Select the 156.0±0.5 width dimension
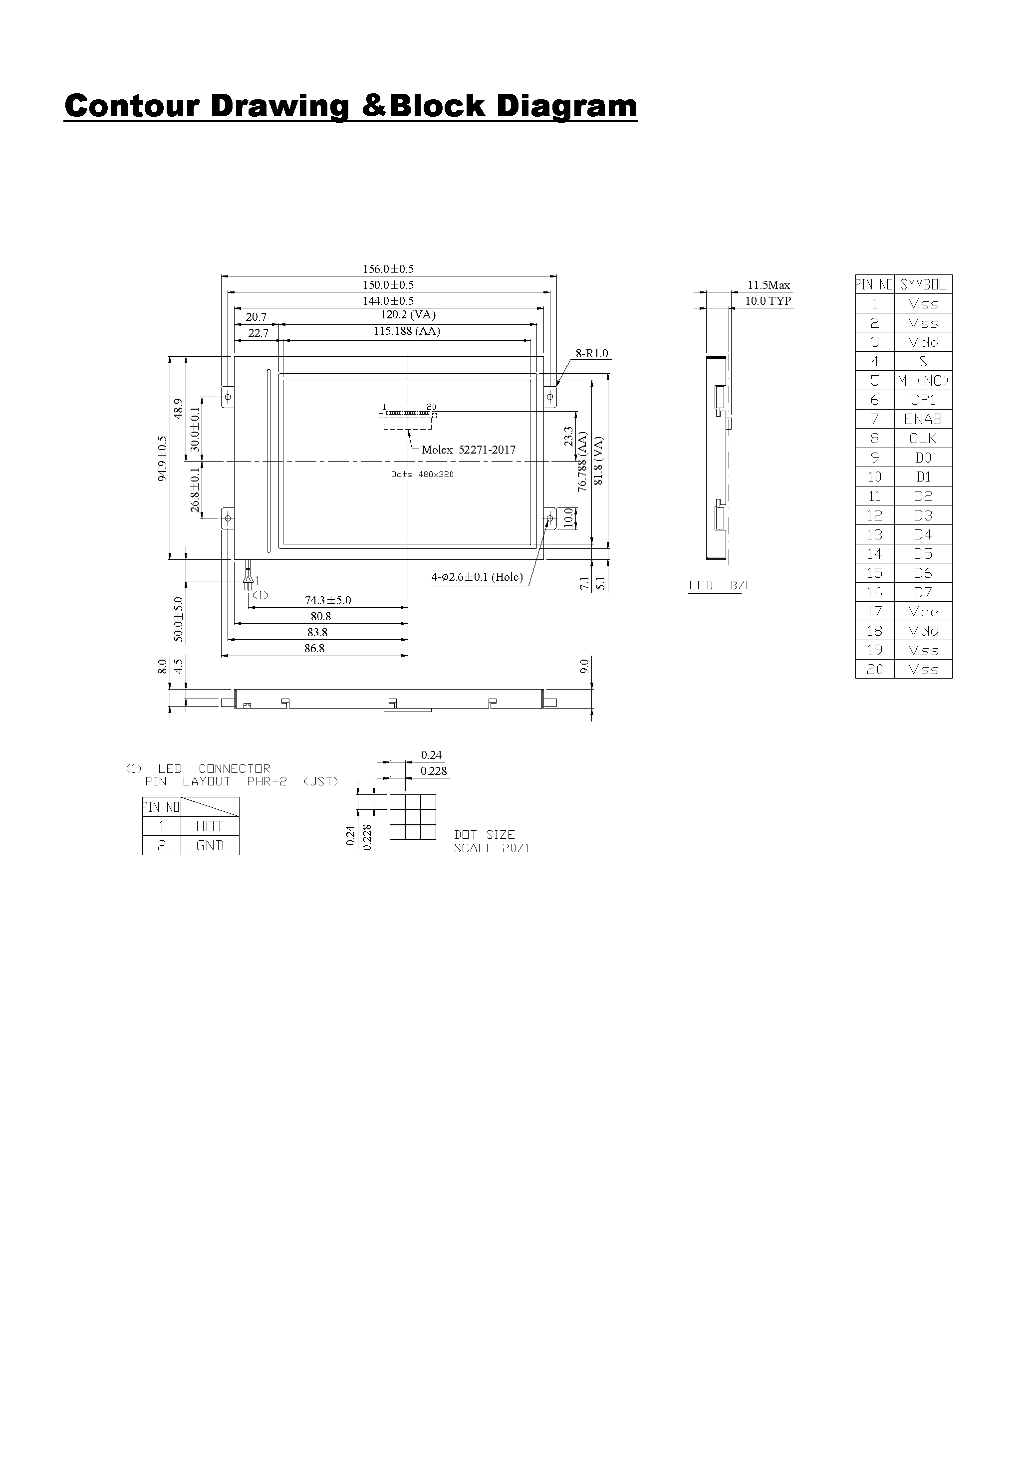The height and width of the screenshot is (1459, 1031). pos(388,269)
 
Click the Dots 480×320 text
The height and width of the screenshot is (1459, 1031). pos(422,475)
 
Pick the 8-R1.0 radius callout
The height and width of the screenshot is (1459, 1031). pos(592,353)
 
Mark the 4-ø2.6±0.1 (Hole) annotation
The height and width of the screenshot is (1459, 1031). pos(477,577)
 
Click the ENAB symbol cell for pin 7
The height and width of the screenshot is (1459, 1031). pos(923,420)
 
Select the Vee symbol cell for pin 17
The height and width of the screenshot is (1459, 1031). pos(923,612)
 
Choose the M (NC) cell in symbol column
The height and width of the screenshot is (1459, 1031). pos(923,381)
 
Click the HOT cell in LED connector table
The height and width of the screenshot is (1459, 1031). pos(210,826)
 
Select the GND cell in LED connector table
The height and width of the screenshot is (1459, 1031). pos(210,846)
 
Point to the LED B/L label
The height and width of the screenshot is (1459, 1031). pos(720,585)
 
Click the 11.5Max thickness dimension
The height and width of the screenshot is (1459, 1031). pos(769,285)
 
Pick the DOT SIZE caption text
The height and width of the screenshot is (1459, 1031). pos(484,835)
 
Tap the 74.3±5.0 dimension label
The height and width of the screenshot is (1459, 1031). pos(327,600)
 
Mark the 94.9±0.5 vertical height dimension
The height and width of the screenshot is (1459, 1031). pos(163,458)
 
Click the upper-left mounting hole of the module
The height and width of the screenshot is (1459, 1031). pos(228,398)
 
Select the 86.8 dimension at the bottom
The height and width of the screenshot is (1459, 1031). pos(314,648)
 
